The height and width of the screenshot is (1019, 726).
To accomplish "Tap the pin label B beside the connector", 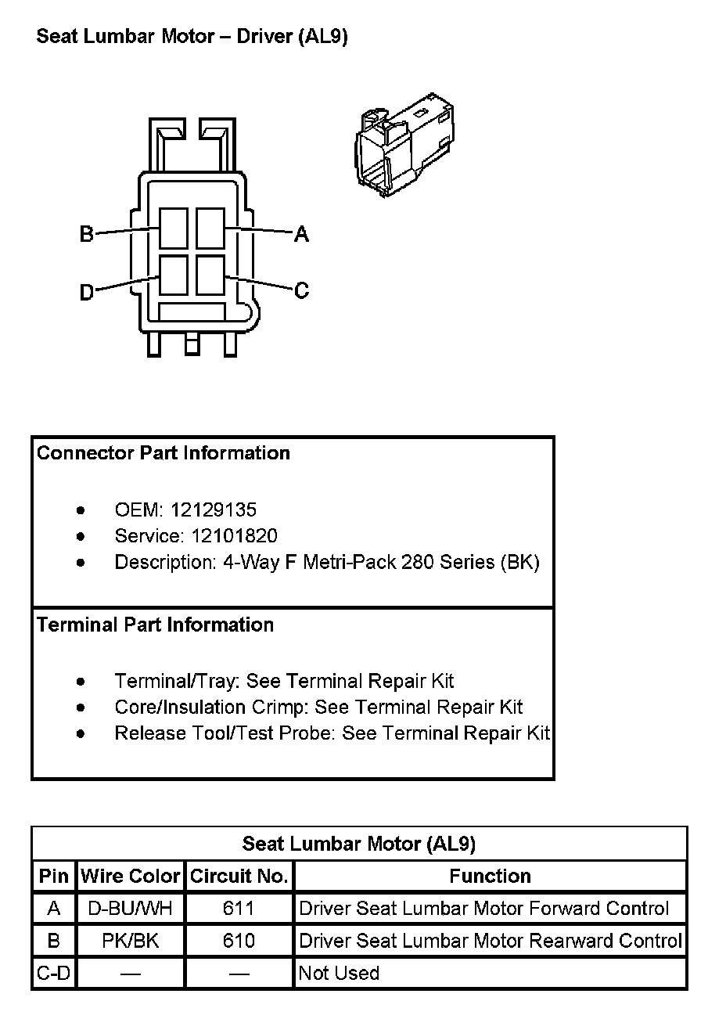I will click(87, 234).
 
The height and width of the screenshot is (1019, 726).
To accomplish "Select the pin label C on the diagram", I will click(302, 290).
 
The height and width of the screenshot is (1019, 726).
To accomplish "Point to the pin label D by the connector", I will click(87, 293).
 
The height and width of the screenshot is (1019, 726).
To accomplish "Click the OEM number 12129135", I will click(213, 510).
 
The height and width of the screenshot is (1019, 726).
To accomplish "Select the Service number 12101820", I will click(224, 536).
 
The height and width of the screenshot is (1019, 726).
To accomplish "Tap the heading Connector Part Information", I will click(164, 453).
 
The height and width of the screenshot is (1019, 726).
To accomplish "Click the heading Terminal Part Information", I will click(156, 625).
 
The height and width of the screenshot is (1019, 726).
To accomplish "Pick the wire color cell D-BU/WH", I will click(131, 909).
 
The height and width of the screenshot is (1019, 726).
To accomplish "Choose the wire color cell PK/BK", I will click(131, 941).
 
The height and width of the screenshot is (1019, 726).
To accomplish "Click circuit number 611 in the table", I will click(239, 909).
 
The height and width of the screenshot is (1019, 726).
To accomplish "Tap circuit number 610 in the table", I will click(239, 941).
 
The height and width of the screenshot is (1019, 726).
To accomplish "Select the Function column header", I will click(490, 876).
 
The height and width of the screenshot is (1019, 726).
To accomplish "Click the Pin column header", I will click(54, 876).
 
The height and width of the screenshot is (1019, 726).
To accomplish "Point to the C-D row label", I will click(54, 974).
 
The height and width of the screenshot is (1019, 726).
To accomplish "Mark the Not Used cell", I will click(340, 974).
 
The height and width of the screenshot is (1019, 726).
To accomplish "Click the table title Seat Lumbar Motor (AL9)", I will click(359, 844).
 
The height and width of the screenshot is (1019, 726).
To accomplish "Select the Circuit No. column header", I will click(239, 876).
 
